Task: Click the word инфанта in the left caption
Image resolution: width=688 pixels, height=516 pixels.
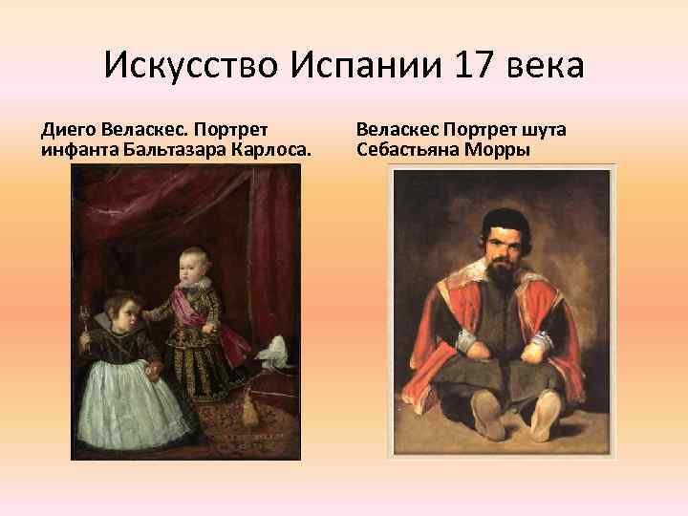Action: point(74,150)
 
